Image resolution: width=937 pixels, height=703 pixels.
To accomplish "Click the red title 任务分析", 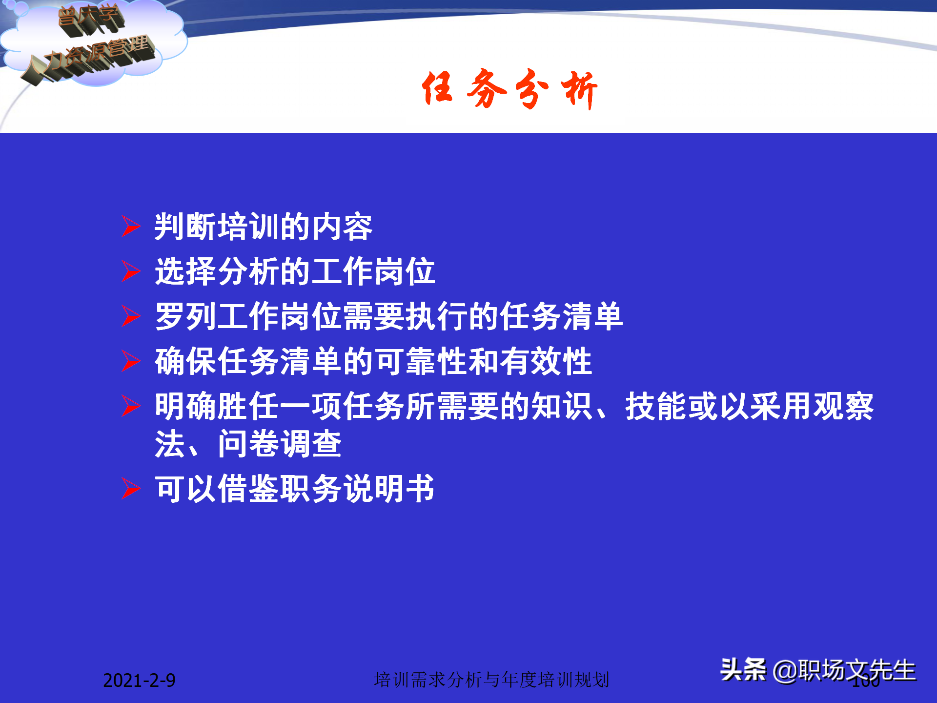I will [x=509, y=89].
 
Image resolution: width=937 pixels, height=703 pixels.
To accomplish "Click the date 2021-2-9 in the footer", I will [x=139, y=680].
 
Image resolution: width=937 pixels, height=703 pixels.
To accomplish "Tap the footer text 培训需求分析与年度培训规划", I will [x=491, y=680].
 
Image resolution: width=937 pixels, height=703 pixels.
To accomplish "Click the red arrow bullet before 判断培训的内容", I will [x=131, y=227].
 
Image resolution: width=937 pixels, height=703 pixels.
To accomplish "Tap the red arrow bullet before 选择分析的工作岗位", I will [x=131, y=271].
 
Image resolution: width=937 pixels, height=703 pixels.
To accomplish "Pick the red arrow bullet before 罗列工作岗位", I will [x=131, y=316].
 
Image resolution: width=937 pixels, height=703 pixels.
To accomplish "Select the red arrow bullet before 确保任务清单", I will [x=131, y=361].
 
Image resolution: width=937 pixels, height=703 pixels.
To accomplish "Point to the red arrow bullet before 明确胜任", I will [x=131, y=406].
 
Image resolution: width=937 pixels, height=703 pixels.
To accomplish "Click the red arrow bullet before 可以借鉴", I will [x=131, y=489].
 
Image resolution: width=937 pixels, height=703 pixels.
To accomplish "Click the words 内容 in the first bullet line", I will [x=342, y=227].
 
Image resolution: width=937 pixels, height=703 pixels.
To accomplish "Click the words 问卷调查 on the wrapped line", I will [x=279, y=444].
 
